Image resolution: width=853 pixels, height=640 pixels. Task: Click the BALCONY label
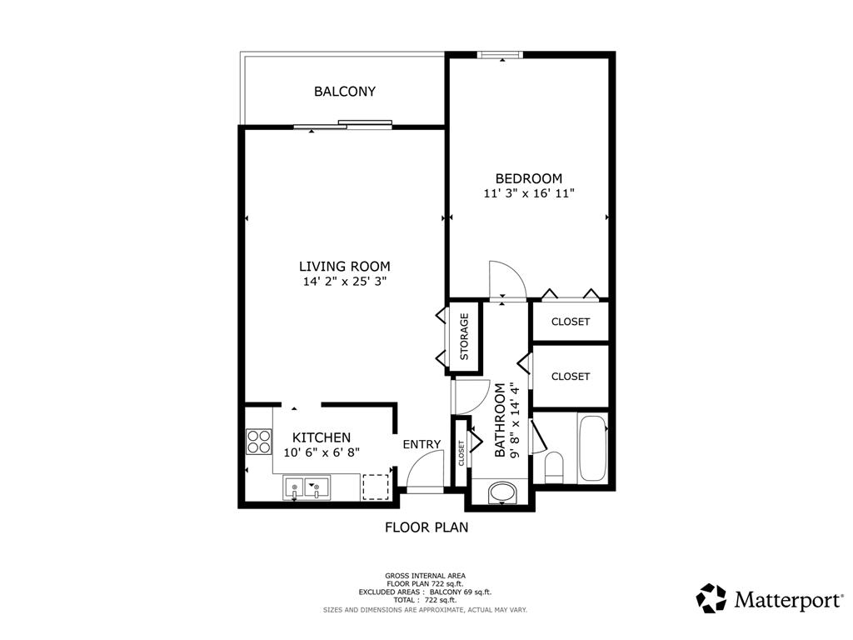click(345, 92)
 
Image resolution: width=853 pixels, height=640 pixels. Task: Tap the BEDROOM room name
click(528, 178)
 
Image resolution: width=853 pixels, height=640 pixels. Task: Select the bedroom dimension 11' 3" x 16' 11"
click(529, 193)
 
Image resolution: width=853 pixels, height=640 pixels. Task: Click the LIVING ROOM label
click(345, 267)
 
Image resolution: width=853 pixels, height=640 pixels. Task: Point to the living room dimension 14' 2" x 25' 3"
click(345, 282)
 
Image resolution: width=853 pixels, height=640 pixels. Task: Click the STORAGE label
click(465, 336)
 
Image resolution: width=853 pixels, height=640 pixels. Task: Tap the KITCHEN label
click(322, 437)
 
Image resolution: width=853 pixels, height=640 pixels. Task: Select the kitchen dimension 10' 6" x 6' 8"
click(327, 452)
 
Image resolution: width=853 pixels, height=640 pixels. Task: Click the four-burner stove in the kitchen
click(258, 441)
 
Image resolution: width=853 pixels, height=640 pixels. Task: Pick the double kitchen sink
click(306, 487)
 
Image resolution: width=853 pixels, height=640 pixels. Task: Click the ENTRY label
click(422, 444)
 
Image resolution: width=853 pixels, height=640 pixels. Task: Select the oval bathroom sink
click(501, 492)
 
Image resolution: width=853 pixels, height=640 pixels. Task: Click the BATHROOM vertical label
click(506, 420)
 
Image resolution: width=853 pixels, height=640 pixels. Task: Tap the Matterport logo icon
click(711, 598)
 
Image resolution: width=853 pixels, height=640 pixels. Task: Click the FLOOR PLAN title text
click(426, 527)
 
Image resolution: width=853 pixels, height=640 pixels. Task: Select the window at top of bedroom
click(501, 56)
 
